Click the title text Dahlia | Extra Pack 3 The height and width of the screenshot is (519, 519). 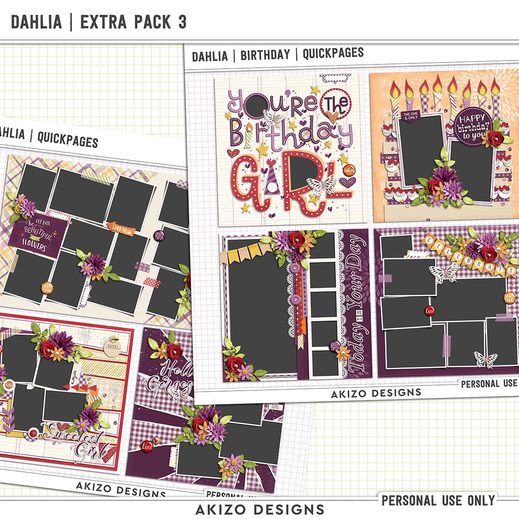pyautogui.click(x=99, y=22)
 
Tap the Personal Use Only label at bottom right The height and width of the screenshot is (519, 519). pyautogui.click(x=438, y=500)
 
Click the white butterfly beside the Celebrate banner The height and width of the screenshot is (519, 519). pyautogui.click(x=445, y=272)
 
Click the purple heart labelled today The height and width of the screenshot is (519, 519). pyautogui.click(x=347, y=182)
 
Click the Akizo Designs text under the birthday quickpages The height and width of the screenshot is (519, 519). pyautogui.click(x=376, y=393)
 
